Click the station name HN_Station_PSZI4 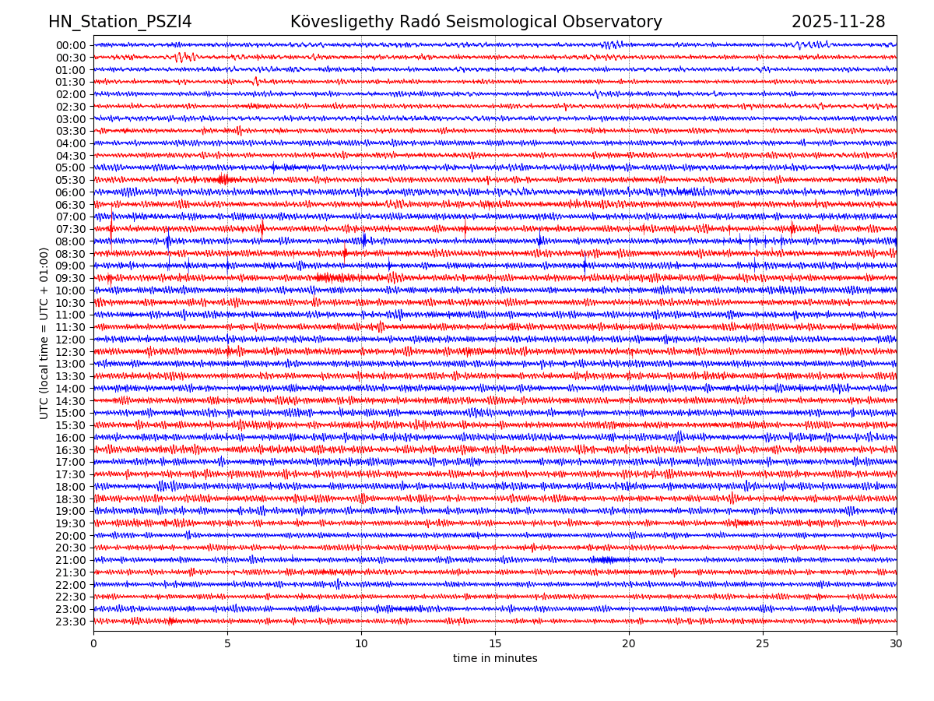(x=120, y=22)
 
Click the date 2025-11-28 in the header (x=838, y=22)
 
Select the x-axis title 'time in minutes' (x=495, y=659)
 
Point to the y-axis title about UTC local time (x=44, y=333)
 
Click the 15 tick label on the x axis (x=495, y=644)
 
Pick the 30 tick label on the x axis (x=897, y=644)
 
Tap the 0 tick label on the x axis (x=93, y=644)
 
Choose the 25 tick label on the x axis (x=763, y=644)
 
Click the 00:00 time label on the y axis (x=71, y=45)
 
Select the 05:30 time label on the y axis (x=71, y=180)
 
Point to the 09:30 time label (x=71, y=278)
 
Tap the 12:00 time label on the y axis (x=71, y=340)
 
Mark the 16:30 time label (x=71, y=450)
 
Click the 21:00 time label (x=71, y=560)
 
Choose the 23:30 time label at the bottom (x=71, y=622)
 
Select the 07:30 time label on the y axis (x=71, y=229)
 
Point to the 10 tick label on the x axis (x=361, y=644)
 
